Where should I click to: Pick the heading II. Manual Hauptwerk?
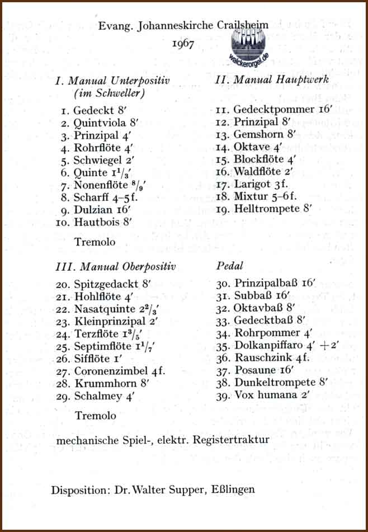point(271,80)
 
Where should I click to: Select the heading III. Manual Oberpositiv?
point(116,267)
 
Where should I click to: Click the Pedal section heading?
point(229,267)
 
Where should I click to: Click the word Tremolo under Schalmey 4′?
point(95,416)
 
